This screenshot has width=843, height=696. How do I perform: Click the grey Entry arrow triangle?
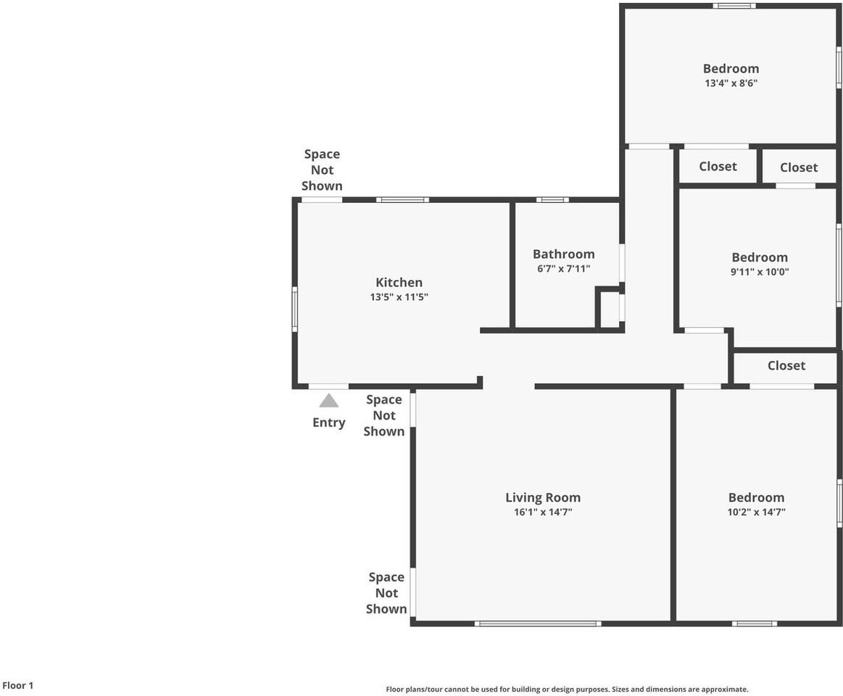(x=329, y=401)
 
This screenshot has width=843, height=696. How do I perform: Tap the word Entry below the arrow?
(x=329, y=423)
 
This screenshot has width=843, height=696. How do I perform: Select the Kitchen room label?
(x=399, y=283)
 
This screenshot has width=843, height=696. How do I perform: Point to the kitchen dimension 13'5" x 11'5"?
(x=399, y=297)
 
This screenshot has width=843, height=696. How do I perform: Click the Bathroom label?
(x=563, y=254)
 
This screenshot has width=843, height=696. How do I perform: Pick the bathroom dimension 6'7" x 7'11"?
(x=563, y=269)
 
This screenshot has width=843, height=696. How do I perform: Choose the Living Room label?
(x=543, y=497)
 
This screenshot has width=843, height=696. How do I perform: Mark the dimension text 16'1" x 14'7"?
(x=543, y=513)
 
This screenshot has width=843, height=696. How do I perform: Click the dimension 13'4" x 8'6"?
(x=731, y=83)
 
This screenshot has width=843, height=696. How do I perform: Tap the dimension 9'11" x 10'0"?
(x=760, y=273)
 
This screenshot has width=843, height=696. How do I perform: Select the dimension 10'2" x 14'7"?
(x=756, y=513)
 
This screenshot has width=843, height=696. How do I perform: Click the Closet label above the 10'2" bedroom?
(x=786, y=366)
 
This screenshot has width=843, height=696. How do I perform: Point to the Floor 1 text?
(x=18, y=685)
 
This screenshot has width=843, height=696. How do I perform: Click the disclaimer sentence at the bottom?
(x=567, y=689)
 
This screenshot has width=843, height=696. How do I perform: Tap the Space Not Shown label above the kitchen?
(x=322, y=170)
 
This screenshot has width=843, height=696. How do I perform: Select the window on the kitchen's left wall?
(x=295, y=310)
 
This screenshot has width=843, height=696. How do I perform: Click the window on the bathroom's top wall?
(x=552, y=199)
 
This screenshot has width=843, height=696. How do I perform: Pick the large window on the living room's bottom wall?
(x=538, y=623)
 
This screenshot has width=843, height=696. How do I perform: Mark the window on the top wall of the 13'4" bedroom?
(x=734, y=6)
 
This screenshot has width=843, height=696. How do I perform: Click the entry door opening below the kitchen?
(x=328, y=386)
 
